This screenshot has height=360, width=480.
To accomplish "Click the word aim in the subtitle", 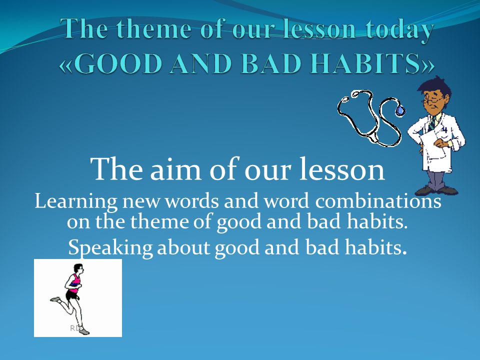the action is (175, 169).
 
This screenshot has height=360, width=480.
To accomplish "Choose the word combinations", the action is (378, 201).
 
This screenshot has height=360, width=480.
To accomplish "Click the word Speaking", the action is (110, 248).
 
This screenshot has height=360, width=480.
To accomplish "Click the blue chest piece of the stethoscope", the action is (399, 110).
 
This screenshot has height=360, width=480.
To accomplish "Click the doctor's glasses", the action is (431, 100).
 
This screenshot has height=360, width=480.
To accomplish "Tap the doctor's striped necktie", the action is (432, 122).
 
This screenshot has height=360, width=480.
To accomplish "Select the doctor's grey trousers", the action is (436, 179).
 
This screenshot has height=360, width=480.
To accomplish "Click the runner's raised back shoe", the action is (55, 299).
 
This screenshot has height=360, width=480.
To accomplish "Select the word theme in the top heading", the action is (158, 29).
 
